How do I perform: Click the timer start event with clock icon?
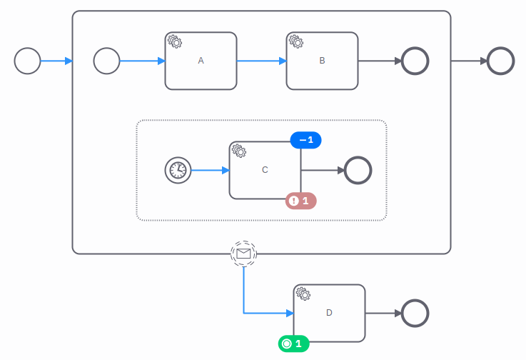coord(178,170)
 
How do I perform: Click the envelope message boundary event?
coord(243,254)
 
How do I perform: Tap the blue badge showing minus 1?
coord(306,140)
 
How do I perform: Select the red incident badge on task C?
coord(301,201)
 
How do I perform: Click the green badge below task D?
coord(293,344)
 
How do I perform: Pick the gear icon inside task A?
coord(175,41)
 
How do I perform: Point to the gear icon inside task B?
coord(296,41)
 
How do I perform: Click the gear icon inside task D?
coord(303,294)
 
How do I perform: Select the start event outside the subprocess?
coord(28,61)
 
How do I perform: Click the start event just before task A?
coord(107,61)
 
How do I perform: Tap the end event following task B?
coord(415,61)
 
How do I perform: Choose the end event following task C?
coord(358,170)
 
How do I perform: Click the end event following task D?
coord(415,313)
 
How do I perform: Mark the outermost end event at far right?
coord(500,61)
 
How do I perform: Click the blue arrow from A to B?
coord(261,61)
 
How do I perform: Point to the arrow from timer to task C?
coord(211,170)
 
